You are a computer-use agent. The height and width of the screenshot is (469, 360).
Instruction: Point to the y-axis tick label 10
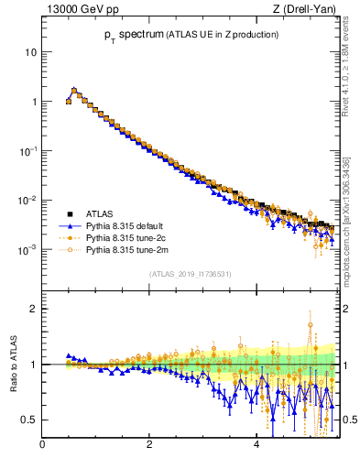[x=31, y=52]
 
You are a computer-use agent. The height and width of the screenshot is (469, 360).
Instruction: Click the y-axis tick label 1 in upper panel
[x=34, y=102]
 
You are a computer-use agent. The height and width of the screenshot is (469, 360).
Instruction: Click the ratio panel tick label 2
[x=34, y=309]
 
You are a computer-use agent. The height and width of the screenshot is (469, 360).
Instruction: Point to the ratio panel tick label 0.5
[x=30, y=420]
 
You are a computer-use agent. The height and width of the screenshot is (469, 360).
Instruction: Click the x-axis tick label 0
[x=42, y=446]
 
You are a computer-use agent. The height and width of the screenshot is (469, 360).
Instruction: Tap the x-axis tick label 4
[x=256, y=446]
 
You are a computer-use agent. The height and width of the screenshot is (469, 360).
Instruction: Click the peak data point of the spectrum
[x=74, y=91]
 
